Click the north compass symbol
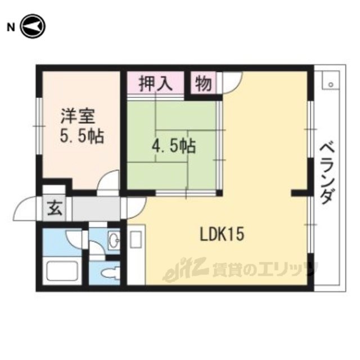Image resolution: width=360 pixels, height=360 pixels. pos(33,26)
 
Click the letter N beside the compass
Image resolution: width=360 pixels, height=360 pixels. pos(11,28)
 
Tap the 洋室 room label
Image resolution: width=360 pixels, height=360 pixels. pos(78,116)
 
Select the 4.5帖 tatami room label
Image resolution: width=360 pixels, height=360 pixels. pos(174,146)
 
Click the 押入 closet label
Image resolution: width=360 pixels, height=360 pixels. pos(156,84)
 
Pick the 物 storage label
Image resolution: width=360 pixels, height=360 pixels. pos(204,84)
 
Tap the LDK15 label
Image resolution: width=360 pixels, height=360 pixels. pos(222,234)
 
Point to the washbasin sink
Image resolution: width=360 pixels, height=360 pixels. pos(114,240)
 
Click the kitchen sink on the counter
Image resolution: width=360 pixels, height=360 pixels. pos(136,240)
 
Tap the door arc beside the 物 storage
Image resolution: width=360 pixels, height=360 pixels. pos(232,83)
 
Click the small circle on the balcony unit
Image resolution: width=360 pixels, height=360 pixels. pos(331,84)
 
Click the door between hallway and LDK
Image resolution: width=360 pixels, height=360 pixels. pos(136,208)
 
